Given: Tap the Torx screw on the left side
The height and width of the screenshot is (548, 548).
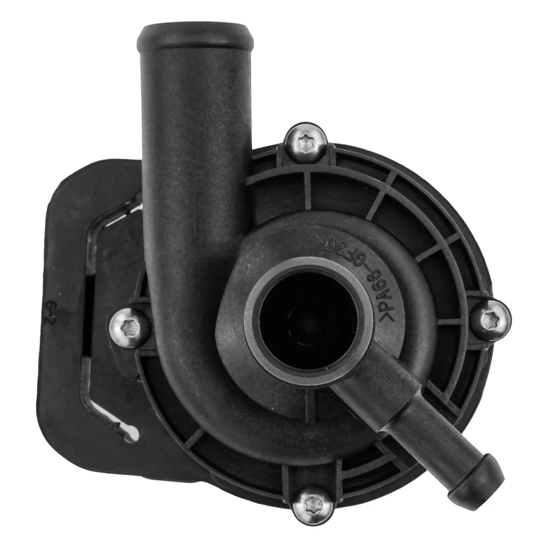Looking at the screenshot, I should [x=129, y=327].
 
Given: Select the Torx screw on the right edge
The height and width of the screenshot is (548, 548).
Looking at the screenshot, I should [x=490, y=320].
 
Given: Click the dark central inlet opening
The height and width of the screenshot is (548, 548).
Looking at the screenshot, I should [x=308, y=319].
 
